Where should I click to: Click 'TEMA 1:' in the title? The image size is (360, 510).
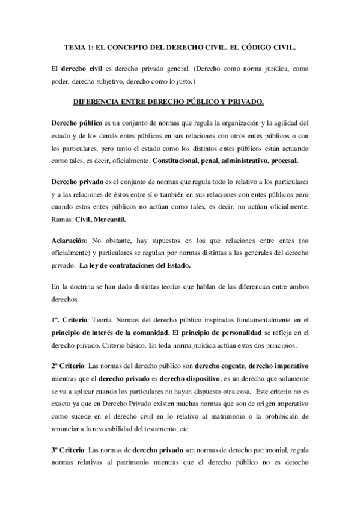pos(79,46)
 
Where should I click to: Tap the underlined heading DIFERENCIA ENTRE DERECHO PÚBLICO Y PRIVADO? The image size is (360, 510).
pos(168,103)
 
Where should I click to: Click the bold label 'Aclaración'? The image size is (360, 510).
pos(69,240)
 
